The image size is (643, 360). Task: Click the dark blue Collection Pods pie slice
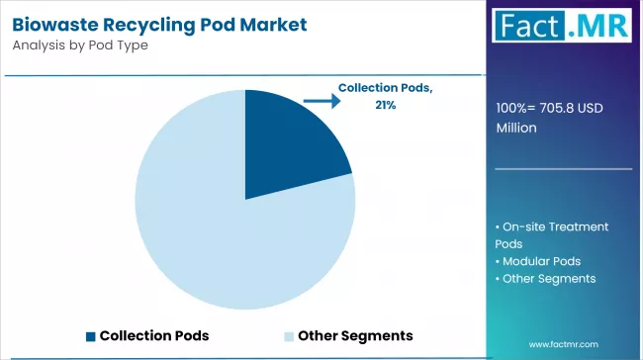point(287,142)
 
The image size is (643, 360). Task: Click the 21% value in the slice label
point(385,105)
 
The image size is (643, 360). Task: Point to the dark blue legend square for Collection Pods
point(91,335)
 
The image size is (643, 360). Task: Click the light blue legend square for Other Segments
point(289,335)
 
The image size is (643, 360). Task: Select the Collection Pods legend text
point(154,335)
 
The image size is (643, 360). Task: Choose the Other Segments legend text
point(355,335)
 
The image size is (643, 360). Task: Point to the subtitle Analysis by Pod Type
point(79,45)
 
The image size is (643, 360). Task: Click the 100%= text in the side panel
point(519,110)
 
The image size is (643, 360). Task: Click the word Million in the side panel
point(517,128)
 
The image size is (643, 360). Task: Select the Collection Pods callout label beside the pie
point(385,88)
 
